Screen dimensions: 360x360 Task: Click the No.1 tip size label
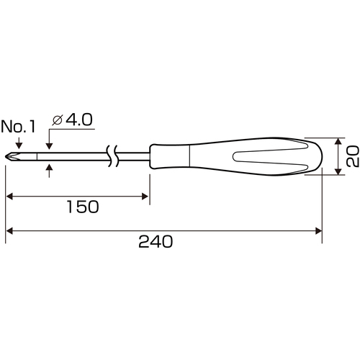click(x=18, y=127)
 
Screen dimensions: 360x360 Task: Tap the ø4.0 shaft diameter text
click(x=72, y=120)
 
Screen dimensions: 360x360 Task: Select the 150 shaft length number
click(x=83, y=207)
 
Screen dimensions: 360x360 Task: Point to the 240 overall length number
click(x=156, y=241)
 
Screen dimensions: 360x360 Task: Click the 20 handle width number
click(x=352, y=156)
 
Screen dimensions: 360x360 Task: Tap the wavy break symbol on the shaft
click(x=112, y=156)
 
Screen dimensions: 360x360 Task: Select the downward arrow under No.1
click(x=19, y=143)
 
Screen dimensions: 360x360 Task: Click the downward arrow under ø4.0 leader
click(x=49, y=143)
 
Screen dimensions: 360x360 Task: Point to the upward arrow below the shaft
click(x=49, y=171)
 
